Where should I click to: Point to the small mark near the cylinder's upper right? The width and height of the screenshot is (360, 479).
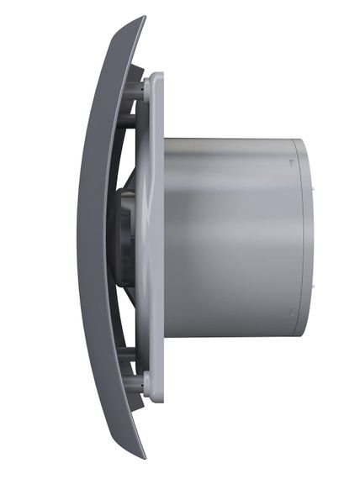point(290,160)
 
